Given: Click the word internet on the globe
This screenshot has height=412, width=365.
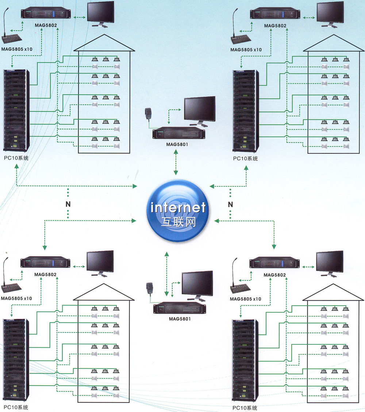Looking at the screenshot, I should [x=178, y=208].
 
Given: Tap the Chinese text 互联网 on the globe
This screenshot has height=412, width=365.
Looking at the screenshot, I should [x=178, y=222].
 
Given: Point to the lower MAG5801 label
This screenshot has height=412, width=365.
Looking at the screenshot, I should [x=179, y=318].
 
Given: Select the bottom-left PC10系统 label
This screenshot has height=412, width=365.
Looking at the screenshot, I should [x=16, y=407].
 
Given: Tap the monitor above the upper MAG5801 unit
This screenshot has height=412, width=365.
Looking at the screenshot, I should [x=199, y=110].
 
